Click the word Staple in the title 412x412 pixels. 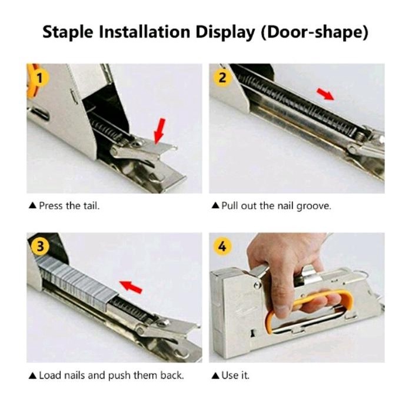click(x=68, y=32)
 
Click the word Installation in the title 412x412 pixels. click(x=145, y=32)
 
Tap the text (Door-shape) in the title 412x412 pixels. click(x=314, y=32)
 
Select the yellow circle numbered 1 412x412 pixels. click(x=39, y=78)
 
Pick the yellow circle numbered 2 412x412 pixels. click(x=222, y=78)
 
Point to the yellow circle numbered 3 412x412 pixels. click(x=39, y=247)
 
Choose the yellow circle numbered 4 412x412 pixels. click(x=222, y=247)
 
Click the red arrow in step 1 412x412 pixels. click(x=160, y=131)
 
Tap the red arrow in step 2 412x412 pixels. click(x=325, y=94)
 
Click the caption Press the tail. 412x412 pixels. click(x=69, y=205)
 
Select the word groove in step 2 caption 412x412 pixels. click(x=314, y=206)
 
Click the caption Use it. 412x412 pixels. click(x=235, y=376)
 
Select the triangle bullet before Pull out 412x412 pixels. click(x=215, y=205)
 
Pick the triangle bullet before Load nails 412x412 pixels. click(x=32, y=376)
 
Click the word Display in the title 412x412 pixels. click(x=225, y=32)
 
